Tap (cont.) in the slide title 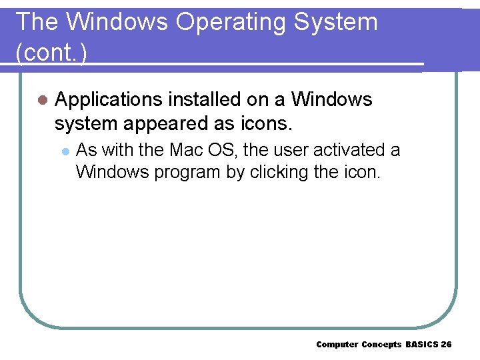51,53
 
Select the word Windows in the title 117,22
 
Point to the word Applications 109,100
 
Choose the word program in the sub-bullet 187,172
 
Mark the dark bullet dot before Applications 42,100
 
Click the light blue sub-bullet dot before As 65,151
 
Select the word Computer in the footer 337,344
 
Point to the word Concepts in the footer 382,344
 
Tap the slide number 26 446,344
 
